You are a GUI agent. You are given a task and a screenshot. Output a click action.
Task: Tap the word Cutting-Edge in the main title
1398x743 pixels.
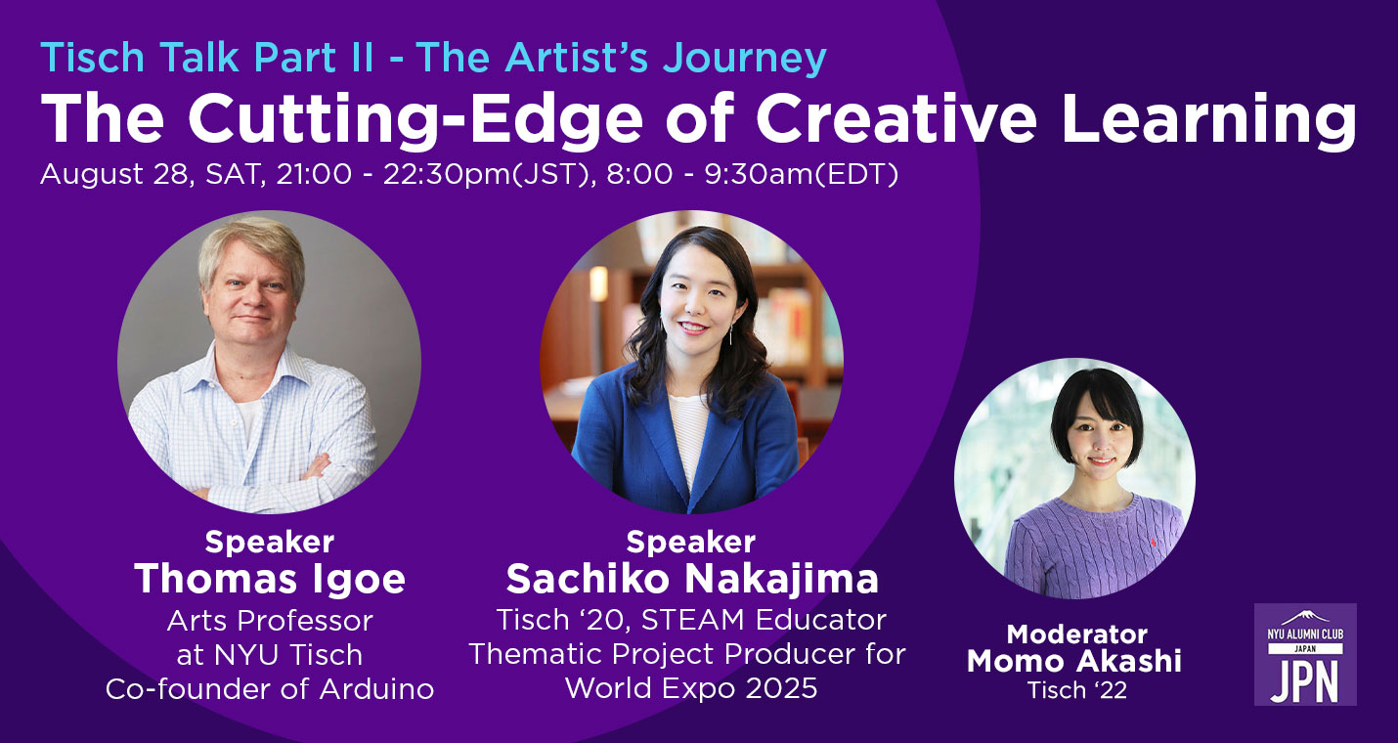[x=415, y=118]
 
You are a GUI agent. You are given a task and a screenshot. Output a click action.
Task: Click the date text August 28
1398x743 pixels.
[x=114, y=174]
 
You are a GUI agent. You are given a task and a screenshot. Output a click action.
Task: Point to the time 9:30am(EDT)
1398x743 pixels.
[x=802, y=174]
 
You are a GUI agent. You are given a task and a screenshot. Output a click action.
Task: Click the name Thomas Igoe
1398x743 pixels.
[x=270, y=579]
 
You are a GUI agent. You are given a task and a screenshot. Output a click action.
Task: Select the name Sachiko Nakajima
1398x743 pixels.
[x=691, y=579]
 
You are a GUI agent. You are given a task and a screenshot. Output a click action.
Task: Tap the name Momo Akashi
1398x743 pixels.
[x=1074, y=661]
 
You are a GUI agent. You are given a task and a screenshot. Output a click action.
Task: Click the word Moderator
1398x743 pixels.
[x=1076, y=634]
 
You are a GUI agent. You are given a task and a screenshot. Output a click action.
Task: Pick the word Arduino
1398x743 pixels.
[x=376, y=689]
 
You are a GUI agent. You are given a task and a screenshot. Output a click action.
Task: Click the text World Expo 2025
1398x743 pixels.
[x=691, y=688]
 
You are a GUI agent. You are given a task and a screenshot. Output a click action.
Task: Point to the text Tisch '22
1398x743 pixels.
[x=1076, y=690]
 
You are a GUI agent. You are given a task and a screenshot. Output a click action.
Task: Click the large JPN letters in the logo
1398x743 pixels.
[x=1305, y=680]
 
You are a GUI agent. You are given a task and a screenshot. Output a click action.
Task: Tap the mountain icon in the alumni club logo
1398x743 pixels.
[x=1305, y=618]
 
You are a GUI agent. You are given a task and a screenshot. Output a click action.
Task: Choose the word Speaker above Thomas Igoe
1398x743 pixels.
[x=270, y=542]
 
